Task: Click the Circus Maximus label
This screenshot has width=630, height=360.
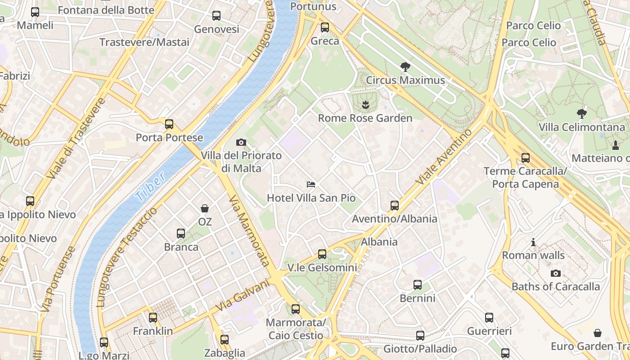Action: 405,81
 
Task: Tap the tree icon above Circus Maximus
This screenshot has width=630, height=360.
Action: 405,67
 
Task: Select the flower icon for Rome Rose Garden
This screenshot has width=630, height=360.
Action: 365,105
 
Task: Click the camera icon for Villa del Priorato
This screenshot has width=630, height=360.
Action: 241,143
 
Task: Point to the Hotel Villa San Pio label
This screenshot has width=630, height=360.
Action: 311,198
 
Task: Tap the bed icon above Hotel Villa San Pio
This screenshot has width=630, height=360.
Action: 310,184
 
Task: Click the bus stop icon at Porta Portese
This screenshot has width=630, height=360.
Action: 169,124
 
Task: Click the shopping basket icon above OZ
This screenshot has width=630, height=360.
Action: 205,208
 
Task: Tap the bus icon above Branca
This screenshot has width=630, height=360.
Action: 181,234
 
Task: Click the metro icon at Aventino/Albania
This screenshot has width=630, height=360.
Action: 395,206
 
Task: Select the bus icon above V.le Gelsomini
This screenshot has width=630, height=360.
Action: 322,254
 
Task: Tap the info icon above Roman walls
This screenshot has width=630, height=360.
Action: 533,243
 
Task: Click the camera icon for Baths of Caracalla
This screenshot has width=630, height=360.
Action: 556,273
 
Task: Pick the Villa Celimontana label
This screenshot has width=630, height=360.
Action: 582,127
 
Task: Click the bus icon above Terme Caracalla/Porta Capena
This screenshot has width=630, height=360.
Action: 525,158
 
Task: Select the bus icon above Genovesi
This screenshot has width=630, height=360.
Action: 216,16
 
